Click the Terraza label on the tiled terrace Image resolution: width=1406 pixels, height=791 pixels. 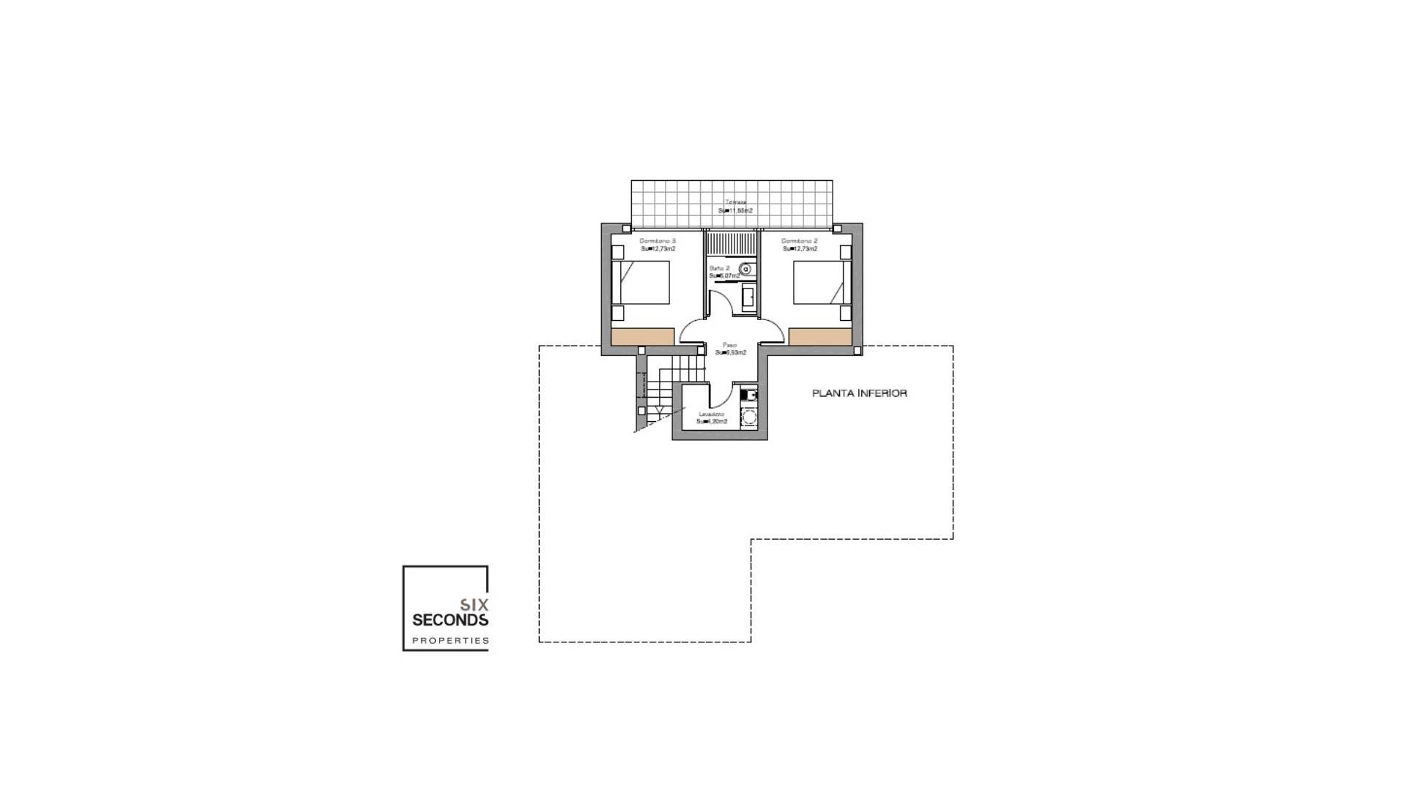735,202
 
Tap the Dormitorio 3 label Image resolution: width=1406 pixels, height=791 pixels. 658,241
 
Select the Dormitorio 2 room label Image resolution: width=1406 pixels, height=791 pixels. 800,241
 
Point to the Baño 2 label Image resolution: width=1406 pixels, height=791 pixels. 719,269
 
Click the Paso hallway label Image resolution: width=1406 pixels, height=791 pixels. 729,345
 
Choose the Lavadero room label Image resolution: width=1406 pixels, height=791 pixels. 711,415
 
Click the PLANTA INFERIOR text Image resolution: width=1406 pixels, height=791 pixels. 859,393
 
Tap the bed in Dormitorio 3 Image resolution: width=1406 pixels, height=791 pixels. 641,282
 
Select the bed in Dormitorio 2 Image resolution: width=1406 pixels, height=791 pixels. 822,282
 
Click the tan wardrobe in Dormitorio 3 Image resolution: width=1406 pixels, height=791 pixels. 642,337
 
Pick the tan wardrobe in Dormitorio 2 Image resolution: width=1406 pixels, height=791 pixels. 820,337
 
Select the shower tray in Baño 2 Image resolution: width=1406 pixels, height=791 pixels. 731,243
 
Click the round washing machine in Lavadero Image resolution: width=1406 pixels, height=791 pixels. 749,418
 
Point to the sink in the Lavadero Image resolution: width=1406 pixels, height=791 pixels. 748,395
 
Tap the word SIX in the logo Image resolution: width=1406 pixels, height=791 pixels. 474,605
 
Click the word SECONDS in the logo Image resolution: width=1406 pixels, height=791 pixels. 450,620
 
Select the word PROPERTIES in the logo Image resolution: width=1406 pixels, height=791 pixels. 450,641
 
